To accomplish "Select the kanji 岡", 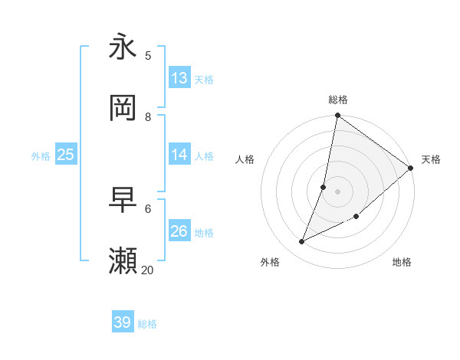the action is pyautogui.click(x=123, y=108).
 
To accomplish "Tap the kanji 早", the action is pyautogui.click(x=123, y=200).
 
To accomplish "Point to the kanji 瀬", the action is pyautogui.click(x=123, y=261).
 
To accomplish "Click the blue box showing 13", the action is pyautogui.click(x=179, y=78).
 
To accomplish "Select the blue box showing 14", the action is pyautogui.click(x=179, y=155).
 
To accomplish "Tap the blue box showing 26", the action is pyautogui.click(x=179, y=231).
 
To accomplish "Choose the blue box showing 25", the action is pyautogui.click(x=66, y=155).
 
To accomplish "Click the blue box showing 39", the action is pyautogui.click(x=123, y=322).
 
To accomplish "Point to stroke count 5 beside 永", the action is pyautogui.click(x=148, y=55).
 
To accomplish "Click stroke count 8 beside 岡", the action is pyautogui.click(x=148, y=117).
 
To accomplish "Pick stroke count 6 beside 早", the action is pyautogui.click(x=148, y=208).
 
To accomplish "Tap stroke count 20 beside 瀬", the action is pyautogui.click(x=148, y=270).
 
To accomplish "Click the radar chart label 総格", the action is pyautogui.click(x=338, y=100).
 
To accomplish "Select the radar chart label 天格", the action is pyautogui.click(x=431, y=159).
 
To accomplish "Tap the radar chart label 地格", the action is pyautogui.click(x=402, y=262).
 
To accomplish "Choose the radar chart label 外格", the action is pyautogui.click(x=270, y=262).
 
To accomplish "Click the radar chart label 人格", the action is pyautogui.click(x=245, y=159).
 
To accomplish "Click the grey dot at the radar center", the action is pyautogui.click(x=337, y=191).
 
